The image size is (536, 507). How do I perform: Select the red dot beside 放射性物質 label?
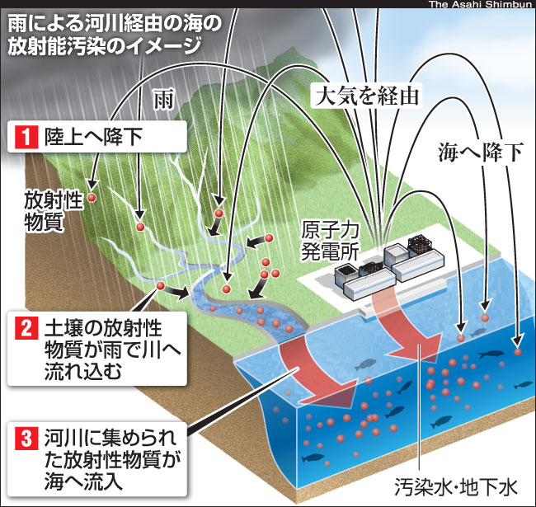[92, 198]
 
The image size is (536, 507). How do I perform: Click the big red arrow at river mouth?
[317, 371]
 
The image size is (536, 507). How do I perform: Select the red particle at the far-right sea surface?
[518, 352]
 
